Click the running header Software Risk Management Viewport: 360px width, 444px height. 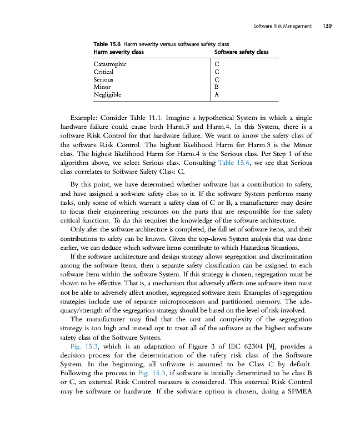pos(282,26)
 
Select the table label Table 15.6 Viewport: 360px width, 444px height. pos(107,43)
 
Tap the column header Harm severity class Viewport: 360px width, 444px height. pos(118,52)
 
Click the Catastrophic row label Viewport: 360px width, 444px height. pos(109,64)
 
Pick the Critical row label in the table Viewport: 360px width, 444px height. pos(103,72)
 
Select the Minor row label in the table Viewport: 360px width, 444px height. pos(102,87)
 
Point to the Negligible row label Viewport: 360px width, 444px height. pos(107,95)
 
